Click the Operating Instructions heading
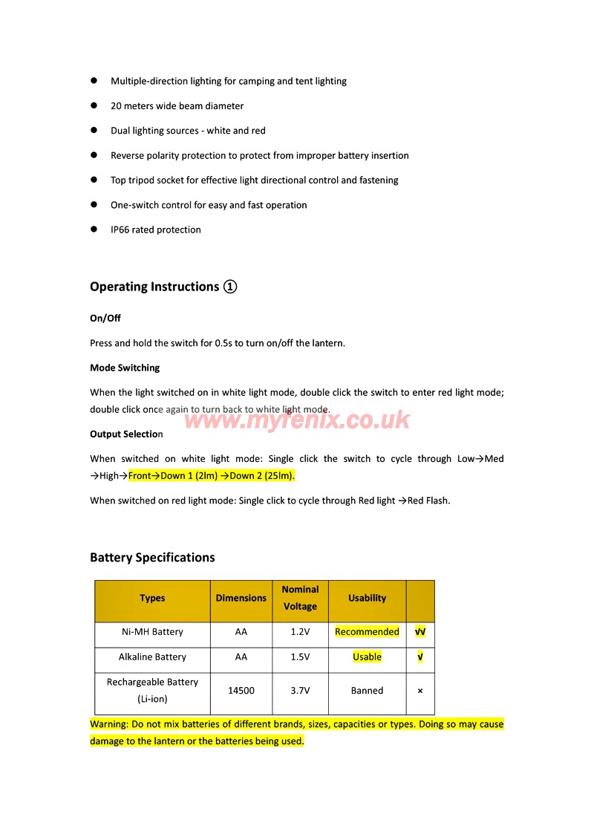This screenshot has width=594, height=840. click(154, 287)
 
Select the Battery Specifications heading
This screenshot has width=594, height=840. click(152, 558)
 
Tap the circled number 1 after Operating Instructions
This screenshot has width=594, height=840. click(230, 287)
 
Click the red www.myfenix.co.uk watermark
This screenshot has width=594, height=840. click(297, 420)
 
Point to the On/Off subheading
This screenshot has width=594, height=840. click(105, 319)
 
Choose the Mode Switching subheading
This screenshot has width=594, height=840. click(125, 368)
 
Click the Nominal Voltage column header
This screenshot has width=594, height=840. click(300, 598)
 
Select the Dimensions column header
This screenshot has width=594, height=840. click(241, 598)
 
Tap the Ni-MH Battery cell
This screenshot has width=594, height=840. click(152, 632)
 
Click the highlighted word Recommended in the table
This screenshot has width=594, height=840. click(367, 632)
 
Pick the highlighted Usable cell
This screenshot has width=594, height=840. click(367, 657)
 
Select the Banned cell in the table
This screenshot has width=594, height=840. click(367, 691)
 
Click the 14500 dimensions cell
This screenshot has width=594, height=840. click(241, 691)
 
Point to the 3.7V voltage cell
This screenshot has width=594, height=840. click(300, 691)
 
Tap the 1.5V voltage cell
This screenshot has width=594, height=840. click(300, 657)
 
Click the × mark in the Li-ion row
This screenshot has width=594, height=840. click(420, 691)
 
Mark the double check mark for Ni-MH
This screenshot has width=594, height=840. click(420, 632)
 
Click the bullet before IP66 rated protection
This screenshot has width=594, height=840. click(94, 229)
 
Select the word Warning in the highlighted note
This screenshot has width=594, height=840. click(108, 724)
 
